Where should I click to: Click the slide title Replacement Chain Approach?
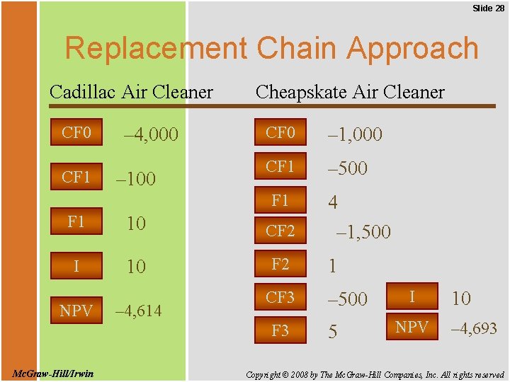[272, 49]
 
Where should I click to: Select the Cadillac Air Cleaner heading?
[131, 92]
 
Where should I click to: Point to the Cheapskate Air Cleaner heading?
[350, 92]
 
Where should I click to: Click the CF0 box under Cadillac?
[76, 132]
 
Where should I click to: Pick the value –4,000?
[150, 134]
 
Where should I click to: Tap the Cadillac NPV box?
[76, 311]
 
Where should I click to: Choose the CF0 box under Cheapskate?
[280, 132]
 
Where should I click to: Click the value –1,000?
[354, 134]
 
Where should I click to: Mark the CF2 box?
[280, 230]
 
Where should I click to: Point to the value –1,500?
[363, 232]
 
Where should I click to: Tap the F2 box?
[280, 264]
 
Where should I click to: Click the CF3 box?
[280, 298]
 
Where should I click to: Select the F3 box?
[280, 330]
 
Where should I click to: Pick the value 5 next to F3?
[332, 332]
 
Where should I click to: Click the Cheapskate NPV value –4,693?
[475, 328]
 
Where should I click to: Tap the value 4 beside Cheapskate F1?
[332, 202]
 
